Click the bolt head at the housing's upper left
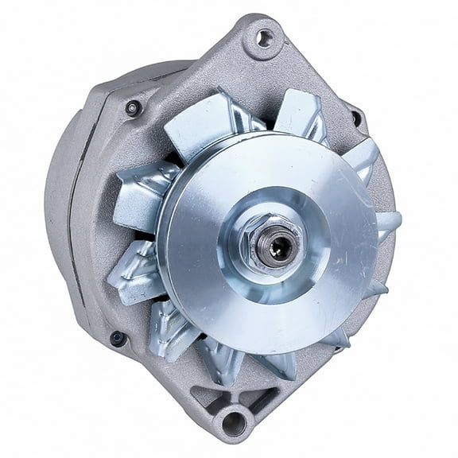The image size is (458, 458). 134,107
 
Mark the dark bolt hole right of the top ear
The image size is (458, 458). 355,119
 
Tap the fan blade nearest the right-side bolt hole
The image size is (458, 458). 362,159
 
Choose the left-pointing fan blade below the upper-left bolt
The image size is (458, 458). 143,191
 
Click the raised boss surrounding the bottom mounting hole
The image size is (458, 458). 234,407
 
